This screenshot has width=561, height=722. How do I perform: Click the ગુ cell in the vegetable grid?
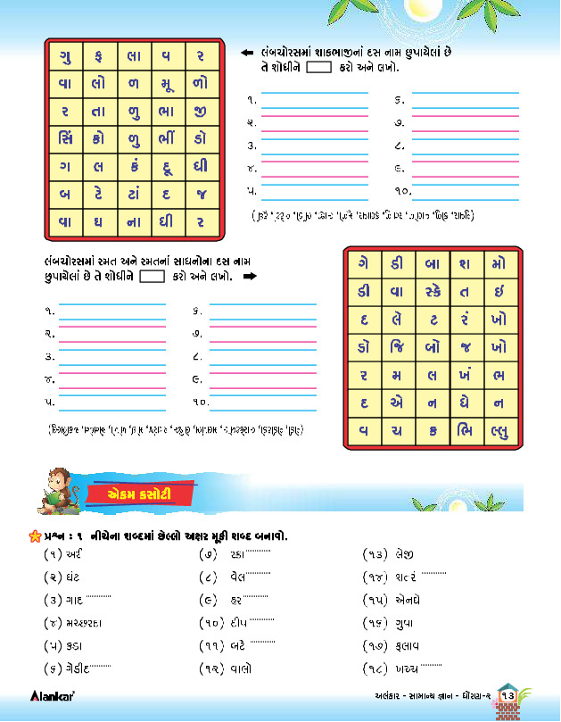[x=66, y=55]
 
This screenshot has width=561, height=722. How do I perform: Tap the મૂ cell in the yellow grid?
[x=168, y=83]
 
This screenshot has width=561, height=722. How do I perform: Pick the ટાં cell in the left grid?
[x=134, y=193]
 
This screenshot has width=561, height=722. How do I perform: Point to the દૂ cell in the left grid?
[x=168, y=165]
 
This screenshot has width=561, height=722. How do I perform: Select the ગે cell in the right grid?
[x=365, y=263]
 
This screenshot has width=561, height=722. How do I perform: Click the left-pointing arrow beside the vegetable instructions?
[x=250, y=52]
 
